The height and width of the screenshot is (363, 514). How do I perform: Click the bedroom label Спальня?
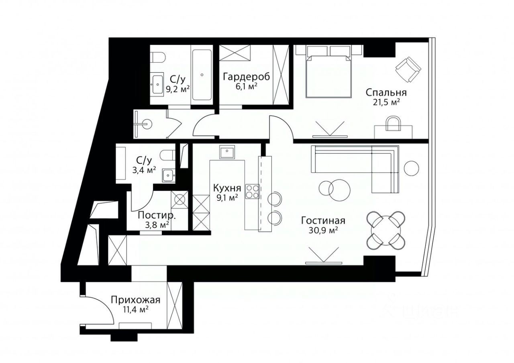[386, 93]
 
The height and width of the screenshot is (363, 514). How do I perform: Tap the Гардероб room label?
[247, 77]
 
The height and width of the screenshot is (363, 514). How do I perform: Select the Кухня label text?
[227, 188]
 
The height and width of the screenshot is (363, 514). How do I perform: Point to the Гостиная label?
[323, 221]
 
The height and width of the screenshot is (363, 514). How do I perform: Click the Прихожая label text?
[135, 300]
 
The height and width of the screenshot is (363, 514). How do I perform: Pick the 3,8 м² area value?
[157, 225]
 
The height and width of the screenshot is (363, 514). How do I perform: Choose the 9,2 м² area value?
[178, 89]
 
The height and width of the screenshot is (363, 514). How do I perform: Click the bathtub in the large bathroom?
[202, 75]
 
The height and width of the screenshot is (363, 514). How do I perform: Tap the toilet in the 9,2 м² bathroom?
[158, 57]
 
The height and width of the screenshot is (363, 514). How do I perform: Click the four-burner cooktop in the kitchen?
[253, 191]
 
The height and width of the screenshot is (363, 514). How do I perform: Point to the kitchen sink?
[227, 152]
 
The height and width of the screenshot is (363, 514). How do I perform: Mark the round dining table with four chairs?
[386, 231]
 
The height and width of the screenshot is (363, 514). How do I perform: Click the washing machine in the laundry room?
[179, 199]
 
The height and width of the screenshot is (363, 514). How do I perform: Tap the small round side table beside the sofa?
[412, 169]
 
